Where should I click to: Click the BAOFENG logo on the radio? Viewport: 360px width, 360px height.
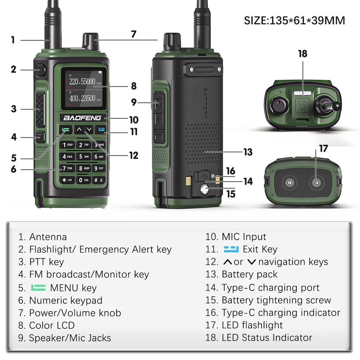(82, 118)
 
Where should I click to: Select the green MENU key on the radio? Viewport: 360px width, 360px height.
(66, 129)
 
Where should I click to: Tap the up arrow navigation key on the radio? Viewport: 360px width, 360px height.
(79, 129)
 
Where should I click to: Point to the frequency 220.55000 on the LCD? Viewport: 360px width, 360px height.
(82, 82)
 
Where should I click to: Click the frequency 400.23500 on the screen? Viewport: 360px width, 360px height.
(82, 98)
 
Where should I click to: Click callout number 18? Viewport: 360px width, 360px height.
(302, 54)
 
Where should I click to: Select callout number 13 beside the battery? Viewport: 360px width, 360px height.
(248, 152)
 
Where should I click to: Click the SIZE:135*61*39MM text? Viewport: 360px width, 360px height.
(295, 20)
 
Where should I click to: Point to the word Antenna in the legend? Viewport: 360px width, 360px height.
(48, 237)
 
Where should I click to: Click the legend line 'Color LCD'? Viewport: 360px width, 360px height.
(52, 325)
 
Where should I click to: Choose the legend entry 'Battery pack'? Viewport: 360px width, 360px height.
(249, 274)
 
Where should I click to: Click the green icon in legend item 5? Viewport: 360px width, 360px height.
(38, 288)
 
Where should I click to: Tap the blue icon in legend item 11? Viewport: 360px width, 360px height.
(231, 249)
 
